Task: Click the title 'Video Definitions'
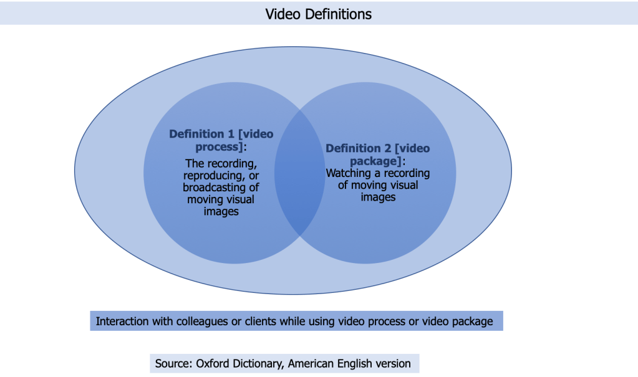319,14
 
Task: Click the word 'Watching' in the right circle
347,173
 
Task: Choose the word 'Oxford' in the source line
214,363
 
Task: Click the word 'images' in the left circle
221,211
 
